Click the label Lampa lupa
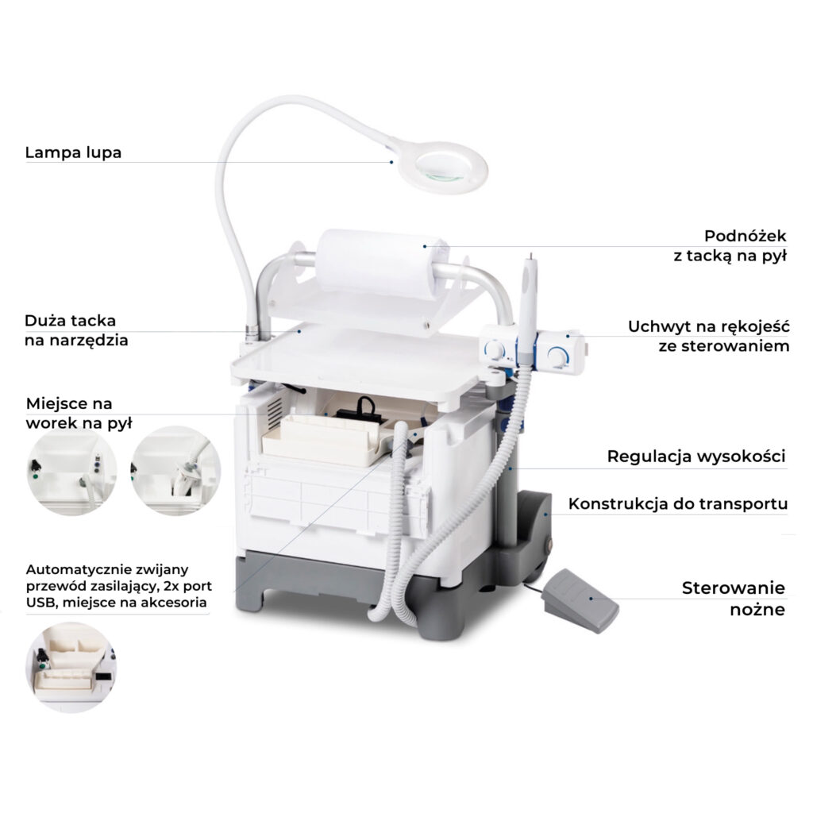click(x=73, y=152)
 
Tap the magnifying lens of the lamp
click(x=445, y=167)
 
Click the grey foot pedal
click(x=580, y=600)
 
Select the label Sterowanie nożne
click(x=733, y=599)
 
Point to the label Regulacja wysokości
click(x=695, y=457)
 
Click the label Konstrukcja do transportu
click(x=678, y=503)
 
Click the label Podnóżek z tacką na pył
click(x=730, y=246)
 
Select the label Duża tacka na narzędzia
click(x=76, y=330)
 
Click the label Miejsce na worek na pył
click(x=79, y=413)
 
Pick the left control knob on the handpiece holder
click(x=494, y=350)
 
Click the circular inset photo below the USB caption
click(x=71, y=668)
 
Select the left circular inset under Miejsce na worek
click(x=71, y=471)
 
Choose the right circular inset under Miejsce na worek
click(x=175, y=471)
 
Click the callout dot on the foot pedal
click(x=591, y=599)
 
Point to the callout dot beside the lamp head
click(x=391, y=162)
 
